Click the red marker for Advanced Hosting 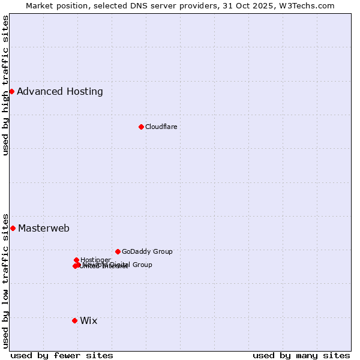pyautogui.click(x=11, y=91)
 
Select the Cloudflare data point pyautogui.click(x=141, y=127)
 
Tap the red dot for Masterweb pyautogui.click(x=13, y=228)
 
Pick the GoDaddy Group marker pyautogui.click(x=118, y=251)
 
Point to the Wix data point pyautogui.click(x=74, y=320)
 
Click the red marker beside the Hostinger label pyautogui.click(x=76, y=260)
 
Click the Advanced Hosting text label pyautogui.click(x=60, y=92)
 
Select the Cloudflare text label pyautogui.click(x=161, y=127)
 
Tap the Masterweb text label pyautogui.click(x=44, y=229)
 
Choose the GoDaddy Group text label pyautogui.click(x=147, y=252)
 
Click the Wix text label pyautogui.click(x=88, y=321)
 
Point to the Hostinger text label pyautogui.click(x=95, y=260)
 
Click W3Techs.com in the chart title pyautogui.click(x=304, y=5)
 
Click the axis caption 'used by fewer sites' pyautogui.click(x=62, y=356)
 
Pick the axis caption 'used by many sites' pyautogui.click(x=301, y=356)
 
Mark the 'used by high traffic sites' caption pyautogui.click(x=5, y=85)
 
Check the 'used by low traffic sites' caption pyautogui.click(x=5, y=281)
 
